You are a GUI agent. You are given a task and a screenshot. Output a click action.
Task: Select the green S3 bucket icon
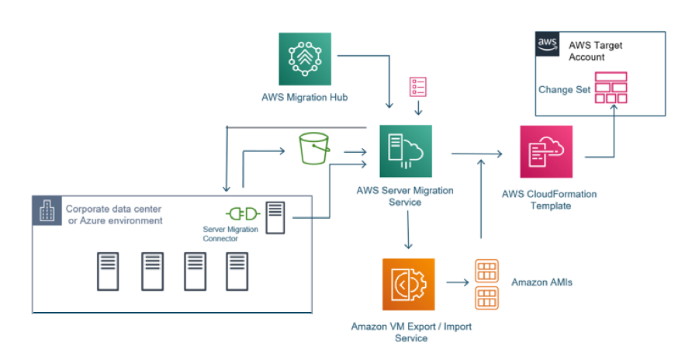313,148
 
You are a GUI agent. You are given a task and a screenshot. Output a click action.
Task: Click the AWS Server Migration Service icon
405,151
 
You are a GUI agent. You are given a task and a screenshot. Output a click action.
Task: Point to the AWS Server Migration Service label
405,196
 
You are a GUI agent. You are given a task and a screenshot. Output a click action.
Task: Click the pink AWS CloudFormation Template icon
546,151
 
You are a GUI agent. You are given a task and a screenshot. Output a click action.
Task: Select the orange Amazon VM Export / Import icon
408,285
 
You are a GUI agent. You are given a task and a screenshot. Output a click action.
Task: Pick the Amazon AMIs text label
541,282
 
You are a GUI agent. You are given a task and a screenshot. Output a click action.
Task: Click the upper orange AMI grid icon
486,272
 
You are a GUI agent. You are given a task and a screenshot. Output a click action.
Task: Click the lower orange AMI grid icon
486,297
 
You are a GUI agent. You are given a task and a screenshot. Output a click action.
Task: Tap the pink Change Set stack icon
610,88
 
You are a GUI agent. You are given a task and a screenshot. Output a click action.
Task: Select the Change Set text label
564,89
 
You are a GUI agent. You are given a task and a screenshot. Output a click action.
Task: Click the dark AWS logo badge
548,44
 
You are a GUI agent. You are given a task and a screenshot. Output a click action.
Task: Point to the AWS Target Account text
595,51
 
